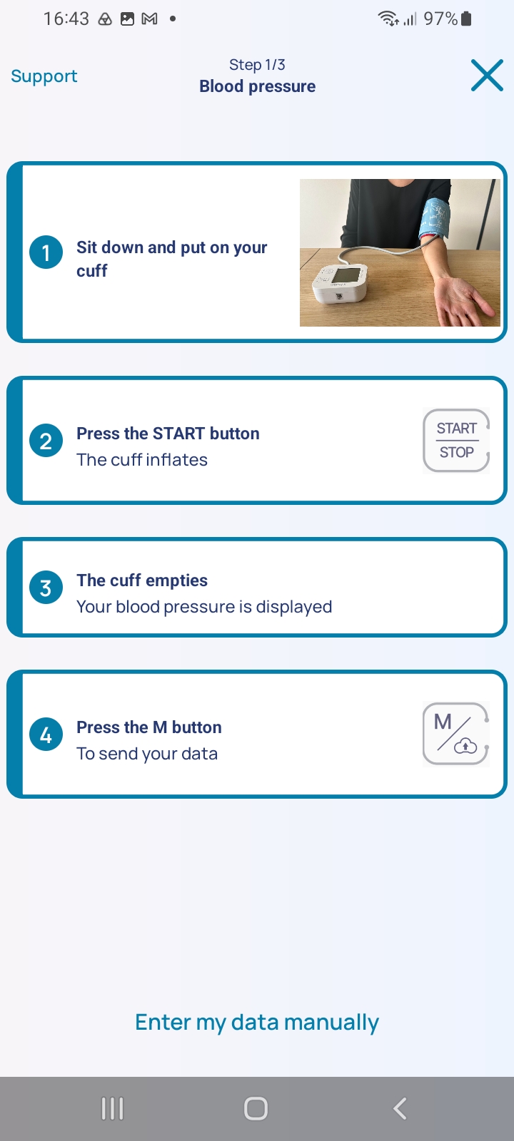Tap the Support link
click(44, 76)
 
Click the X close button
click(487, 76)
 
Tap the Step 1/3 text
click(257, 65)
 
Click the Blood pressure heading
click(257, 86)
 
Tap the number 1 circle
click(46, 252)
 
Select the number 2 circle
click(46, 441)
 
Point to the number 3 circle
click(46, 588)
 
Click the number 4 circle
click(46, 735)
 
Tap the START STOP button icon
click(456, 441)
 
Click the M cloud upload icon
click(456, 734)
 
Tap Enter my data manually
click(257, 1023)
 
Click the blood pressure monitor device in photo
click(340, 283)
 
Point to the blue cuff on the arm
click(435, 218)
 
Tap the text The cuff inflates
click(142, 460)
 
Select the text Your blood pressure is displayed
click(204, 607)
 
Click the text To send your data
click(147, 754)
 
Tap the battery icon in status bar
click(466, 19)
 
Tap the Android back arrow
click(400, 1108)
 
